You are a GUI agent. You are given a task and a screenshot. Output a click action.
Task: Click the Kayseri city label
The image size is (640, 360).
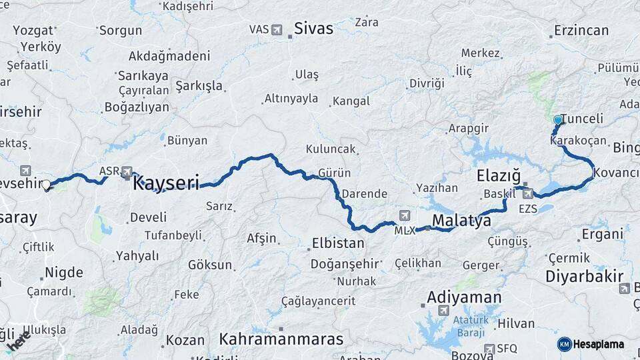pyautogui.click(x=166, y=183)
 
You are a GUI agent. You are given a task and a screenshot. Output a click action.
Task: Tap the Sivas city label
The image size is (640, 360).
pyautogui.click(x=313, y=29)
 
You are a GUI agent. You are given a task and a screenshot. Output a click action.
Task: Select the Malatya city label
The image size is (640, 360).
pyautogui.click(x=461, y=221)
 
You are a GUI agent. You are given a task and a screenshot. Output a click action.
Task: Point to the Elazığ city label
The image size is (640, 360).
pyautogui.click(x=499, y=176)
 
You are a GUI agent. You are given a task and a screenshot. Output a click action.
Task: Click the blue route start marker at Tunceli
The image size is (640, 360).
pyautogui.click(x=558, y=120)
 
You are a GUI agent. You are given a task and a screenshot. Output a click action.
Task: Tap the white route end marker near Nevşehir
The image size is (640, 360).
pyautogui.click(x=47, y=185)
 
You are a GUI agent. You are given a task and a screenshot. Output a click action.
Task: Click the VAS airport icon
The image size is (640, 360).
pyautogui.click(x=277, y=29)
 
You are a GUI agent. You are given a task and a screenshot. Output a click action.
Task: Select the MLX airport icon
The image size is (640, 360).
pyautogui.click(x=404, y=215)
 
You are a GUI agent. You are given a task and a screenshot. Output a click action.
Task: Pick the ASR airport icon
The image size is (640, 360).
pyautogui.click(x=127, y=171)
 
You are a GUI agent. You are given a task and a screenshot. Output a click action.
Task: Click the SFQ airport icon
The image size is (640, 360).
pyautogui.click(x=490, y=348)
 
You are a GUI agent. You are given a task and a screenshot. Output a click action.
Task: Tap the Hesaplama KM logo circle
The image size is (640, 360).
pyautogui.click(x=564, y=344)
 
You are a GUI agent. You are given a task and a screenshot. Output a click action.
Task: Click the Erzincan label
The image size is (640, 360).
pyautogui.click(x=581, y=31)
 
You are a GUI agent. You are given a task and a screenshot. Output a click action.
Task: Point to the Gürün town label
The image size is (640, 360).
pyautogui.click(x=335, y=173)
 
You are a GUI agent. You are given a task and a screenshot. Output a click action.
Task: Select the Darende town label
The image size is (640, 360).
pyautogui.click(x=365, y=194)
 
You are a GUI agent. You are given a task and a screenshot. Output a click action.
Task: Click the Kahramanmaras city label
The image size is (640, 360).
pyautogui.click(x=281, y=339)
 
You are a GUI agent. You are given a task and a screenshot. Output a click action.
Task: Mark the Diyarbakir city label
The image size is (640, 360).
pyautogui.click(x=584, y=276)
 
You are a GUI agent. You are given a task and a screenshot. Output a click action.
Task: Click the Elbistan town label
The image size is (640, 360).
pyautogui.click(x=338, y=243)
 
